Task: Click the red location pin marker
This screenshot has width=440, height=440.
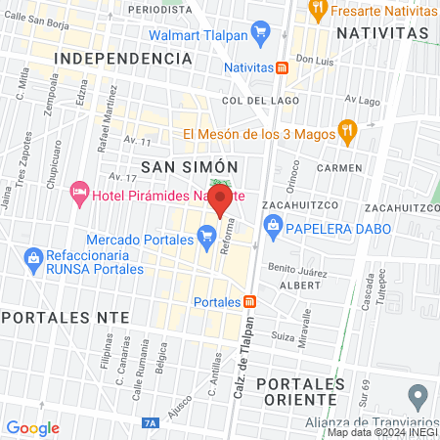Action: point(220,201)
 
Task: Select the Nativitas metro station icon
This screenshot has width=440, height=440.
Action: point(282,67)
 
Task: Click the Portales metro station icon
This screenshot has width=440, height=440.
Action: point(250,301)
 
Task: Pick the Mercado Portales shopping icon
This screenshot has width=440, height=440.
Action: point(206,238)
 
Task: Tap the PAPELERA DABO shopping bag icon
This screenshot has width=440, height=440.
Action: point(275,229)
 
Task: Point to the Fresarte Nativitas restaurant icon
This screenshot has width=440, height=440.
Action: point(317,11)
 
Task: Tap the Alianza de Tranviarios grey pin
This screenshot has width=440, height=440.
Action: point(418,398)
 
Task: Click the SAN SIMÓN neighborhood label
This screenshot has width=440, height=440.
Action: point(178,167)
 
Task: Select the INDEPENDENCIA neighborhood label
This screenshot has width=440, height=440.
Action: point(122,59)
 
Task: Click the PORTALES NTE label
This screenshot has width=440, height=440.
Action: point(55,318)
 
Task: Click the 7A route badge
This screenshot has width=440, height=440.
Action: point(150,423)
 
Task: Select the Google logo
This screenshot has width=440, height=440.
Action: point(32,428)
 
